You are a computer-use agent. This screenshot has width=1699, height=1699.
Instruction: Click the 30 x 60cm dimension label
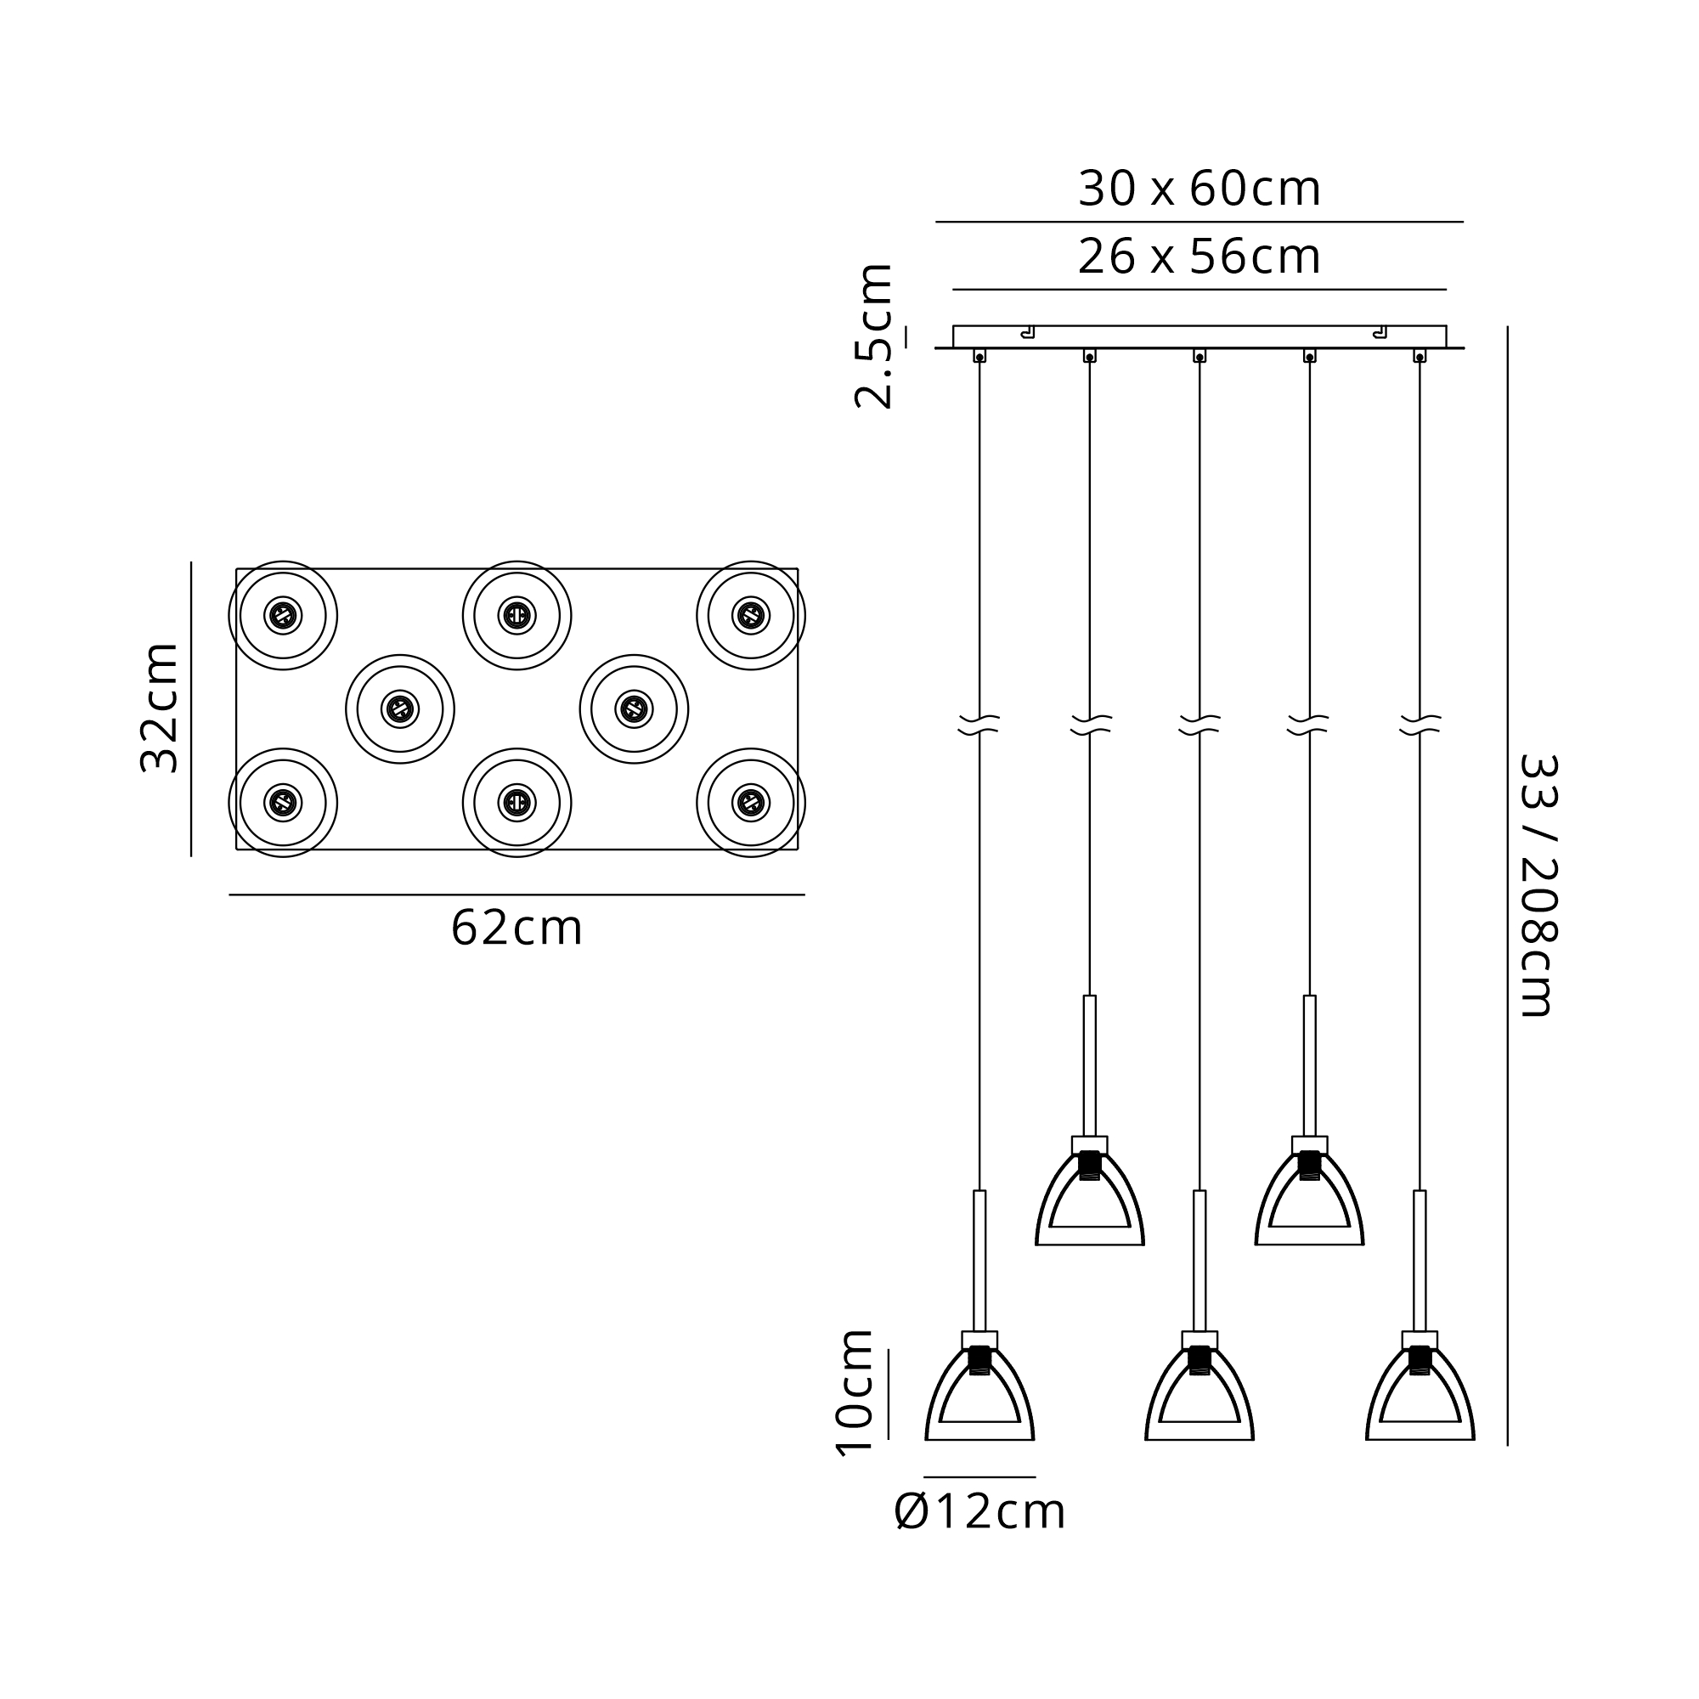1199,189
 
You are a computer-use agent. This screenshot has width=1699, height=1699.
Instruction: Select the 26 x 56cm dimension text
1199,257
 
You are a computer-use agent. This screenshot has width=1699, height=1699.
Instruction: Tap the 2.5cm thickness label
874,335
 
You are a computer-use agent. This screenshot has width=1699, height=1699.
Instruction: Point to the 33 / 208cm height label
1538,884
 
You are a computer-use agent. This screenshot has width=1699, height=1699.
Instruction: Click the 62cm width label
517,928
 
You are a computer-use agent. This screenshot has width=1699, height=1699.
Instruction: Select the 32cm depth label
160,708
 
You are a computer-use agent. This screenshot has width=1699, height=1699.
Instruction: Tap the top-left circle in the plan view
283,562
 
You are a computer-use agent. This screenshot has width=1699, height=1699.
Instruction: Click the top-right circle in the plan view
751,562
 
